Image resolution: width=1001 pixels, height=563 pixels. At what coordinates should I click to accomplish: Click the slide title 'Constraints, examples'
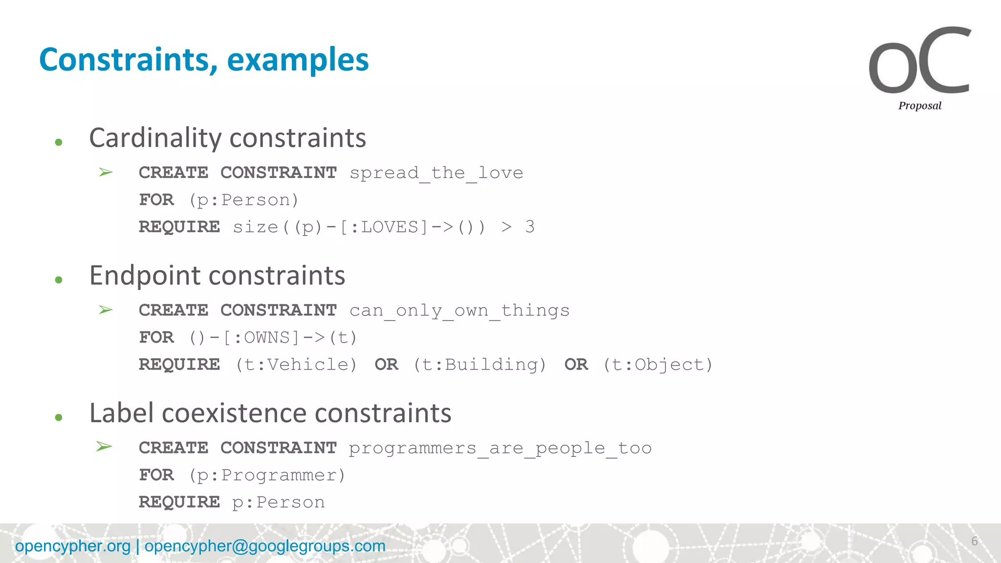click(x=204, y=60)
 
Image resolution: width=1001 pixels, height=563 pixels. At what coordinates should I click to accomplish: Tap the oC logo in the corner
click(x=919, y=61)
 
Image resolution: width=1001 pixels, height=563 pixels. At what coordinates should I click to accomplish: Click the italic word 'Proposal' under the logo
click(x=919, y=106)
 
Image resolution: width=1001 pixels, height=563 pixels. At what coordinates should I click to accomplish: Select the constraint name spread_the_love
click(x=436, y=173)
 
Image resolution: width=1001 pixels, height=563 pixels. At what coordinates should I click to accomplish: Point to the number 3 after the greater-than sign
click(x=530, y=227)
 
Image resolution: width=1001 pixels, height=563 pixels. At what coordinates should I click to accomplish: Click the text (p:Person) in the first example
click(x=243, y=200)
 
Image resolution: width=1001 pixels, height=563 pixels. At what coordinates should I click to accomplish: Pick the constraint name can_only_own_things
click(x=459, y=311)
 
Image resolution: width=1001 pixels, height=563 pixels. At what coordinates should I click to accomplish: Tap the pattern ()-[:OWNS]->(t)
click(x=273, y=338)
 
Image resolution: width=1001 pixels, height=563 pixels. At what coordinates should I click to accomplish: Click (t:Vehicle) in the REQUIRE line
click(x=296, y=365)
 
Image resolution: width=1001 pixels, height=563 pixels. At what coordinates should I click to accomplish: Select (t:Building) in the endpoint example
click(x=479, y=365)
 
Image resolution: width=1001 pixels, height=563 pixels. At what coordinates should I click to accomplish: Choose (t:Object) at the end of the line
click(x=658, y=365)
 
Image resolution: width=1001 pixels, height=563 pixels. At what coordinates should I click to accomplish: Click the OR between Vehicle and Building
click(x=386, y=365)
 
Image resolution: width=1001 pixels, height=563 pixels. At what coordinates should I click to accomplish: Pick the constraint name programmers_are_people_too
click(x=500, y=448)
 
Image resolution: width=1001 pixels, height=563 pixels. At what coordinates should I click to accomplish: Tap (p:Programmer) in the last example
click(x=267, y=475)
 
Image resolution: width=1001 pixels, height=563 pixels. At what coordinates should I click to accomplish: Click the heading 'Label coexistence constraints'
click(x=270, y=413)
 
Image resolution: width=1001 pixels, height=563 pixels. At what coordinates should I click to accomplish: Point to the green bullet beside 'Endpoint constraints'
click(x=59, y=280)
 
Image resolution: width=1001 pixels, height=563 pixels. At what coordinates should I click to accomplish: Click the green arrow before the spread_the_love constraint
click(x=106, y=172)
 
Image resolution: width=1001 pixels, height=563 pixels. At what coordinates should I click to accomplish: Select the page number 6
click(x=974, y=541)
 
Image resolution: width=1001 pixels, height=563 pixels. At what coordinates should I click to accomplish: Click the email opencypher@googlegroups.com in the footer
click(x=265, y=546)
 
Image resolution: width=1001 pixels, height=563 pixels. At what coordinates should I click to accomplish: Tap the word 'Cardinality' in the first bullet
click(x=155, y=138)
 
